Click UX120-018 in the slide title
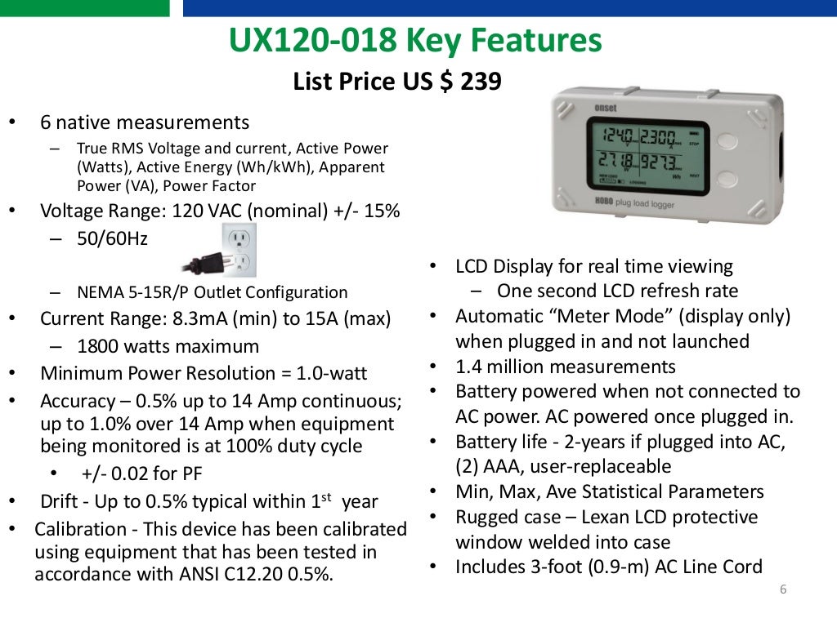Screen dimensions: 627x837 pos(311,41)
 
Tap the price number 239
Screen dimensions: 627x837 pos(480,82)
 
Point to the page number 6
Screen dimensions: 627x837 pos(783,590)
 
